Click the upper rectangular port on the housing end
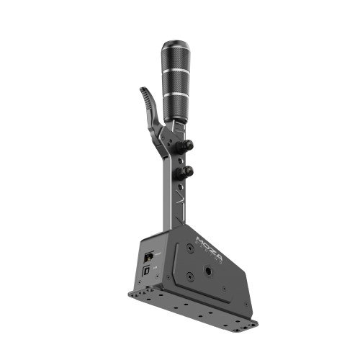click(x=148, y=256)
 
